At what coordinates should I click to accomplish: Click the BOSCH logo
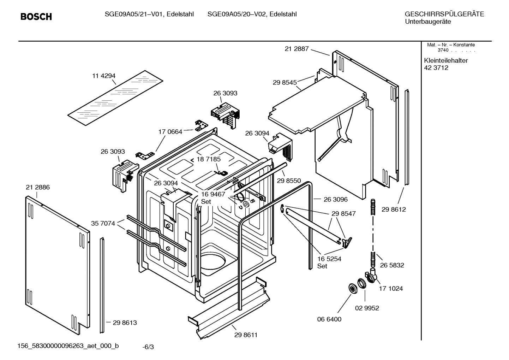click(x=36, y=17)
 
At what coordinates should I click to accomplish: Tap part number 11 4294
click(x=104, y=76)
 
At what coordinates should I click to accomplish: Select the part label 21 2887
click(x=297, y=49)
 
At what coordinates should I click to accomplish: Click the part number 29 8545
click(x=285, y=82)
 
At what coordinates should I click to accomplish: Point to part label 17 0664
click(x=170, y=132)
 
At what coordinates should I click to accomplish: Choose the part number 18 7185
click(x=208, y=159)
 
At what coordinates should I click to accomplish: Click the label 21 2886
click(x=38, y=187)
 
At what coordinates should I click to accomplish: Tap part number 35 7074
click(x=103, y=223)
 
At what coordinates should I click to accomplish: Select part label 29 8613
click(x=125, y=323)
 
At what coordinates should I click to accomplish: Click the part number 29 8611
click(x=246, y=335)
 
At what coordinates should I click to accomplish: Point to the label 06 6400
click(x=329, y=319)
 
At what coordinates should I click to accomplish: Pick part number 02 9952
click(x=367, y=308)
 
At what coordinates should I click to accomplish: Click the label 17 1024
click(x=391, y=288)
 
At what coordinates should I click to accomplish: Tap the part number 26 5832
click(x=392, y=265)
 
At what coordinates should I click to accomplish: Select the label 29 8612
click(x=394, y=209)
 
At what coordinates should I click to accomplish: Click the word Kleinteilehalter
click(x=446, y=60)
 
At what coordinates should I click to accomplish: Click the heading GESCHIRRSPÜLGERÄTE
click(x=444, y=14)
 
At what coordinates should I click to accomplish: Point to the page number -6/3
click(x=148, y=347)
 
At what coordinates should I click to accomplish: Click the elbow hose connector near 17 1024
click(x=371, y=276)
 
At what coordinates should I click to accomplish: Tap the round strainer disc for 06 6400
click(x=352, y=288)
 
